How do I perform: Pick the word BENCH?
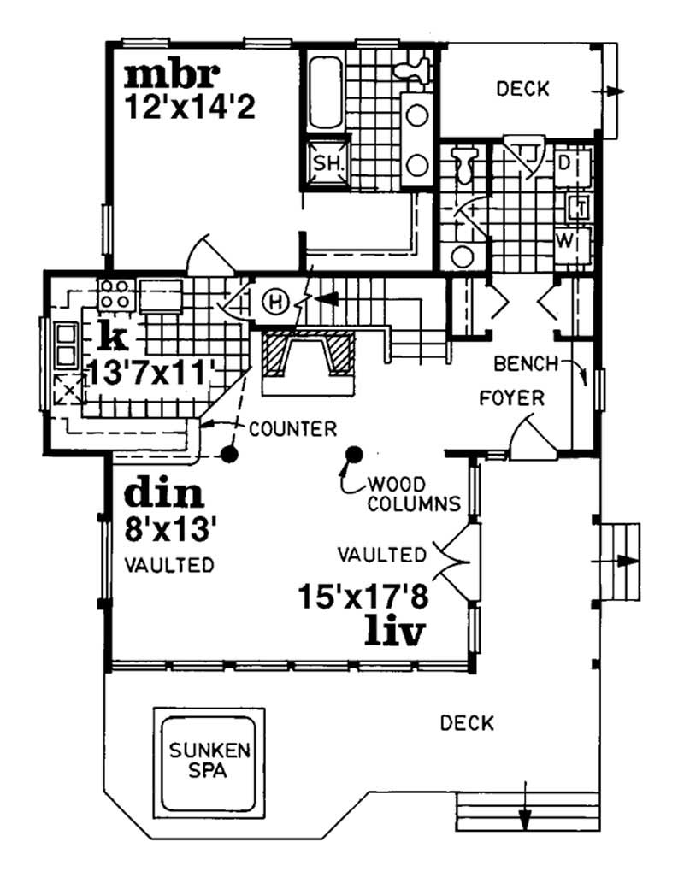[x=526, y=364]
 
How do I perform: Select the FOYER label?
[x=513, y=398]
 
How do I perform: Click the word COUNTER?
[x=292, y=428]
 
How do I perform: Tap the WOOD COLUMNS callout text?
[x=414, y=493]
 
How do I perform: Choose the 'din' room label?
[x=164, y=494]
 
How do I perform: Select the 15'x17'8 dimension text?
[x=363, y=594]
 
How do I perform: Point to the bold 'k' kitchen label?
[x=113, y=337]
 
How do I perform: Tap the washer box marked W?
[x=565, y=238]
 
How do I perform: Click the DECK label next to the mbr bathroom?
[x=522, y=89]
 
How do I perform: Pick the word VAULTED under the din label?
[x=168, y=565]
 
